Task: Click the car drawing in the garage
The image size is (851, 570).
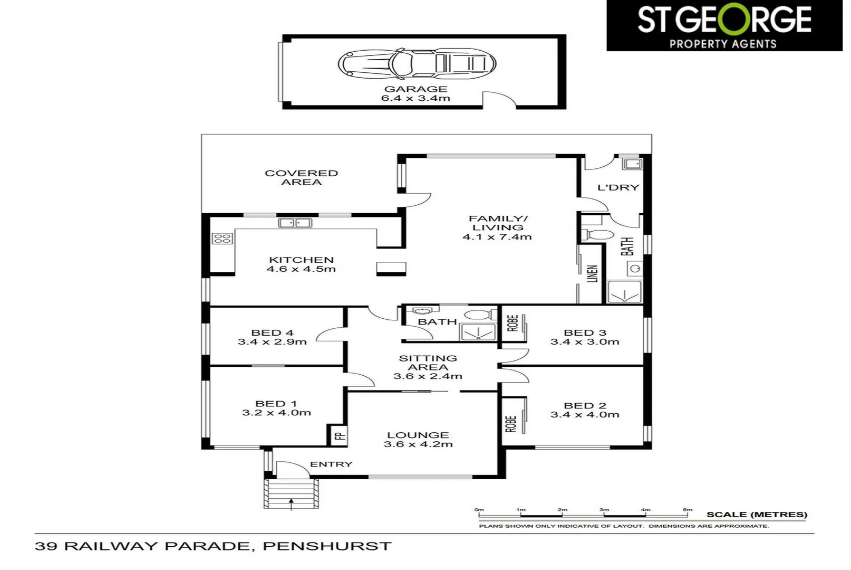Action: tap(417, 64)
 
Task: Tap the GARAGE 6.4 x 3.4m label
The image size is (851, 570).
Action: tap(415, 93)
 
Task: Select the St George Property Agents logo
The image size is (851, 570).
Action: tap(724, 25)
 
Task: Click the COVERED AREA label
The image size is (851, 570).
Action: tap(301, 177)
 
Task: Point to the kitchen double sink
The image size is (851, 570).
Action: tap(295, 223)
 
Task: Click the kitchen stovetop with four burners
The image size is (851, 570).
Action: tap(222, 239)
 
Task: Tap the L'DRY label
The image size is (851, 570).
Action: tap(618, 187)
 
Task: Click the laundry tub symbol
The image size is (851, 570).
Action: tap(632, 164)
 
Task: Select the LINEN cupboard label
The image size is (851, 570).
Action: tap(593, 273)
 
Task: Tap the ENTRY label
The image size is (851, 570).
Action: tap(331, 464)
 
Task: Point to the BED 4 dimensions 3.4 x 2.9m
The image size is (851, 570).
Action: tap(272, 342)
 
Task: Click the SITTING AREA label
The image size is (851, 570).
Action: tap(428, 363)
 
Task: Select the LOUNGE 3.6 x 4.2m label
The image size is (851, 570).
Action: tap(418, 440)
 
